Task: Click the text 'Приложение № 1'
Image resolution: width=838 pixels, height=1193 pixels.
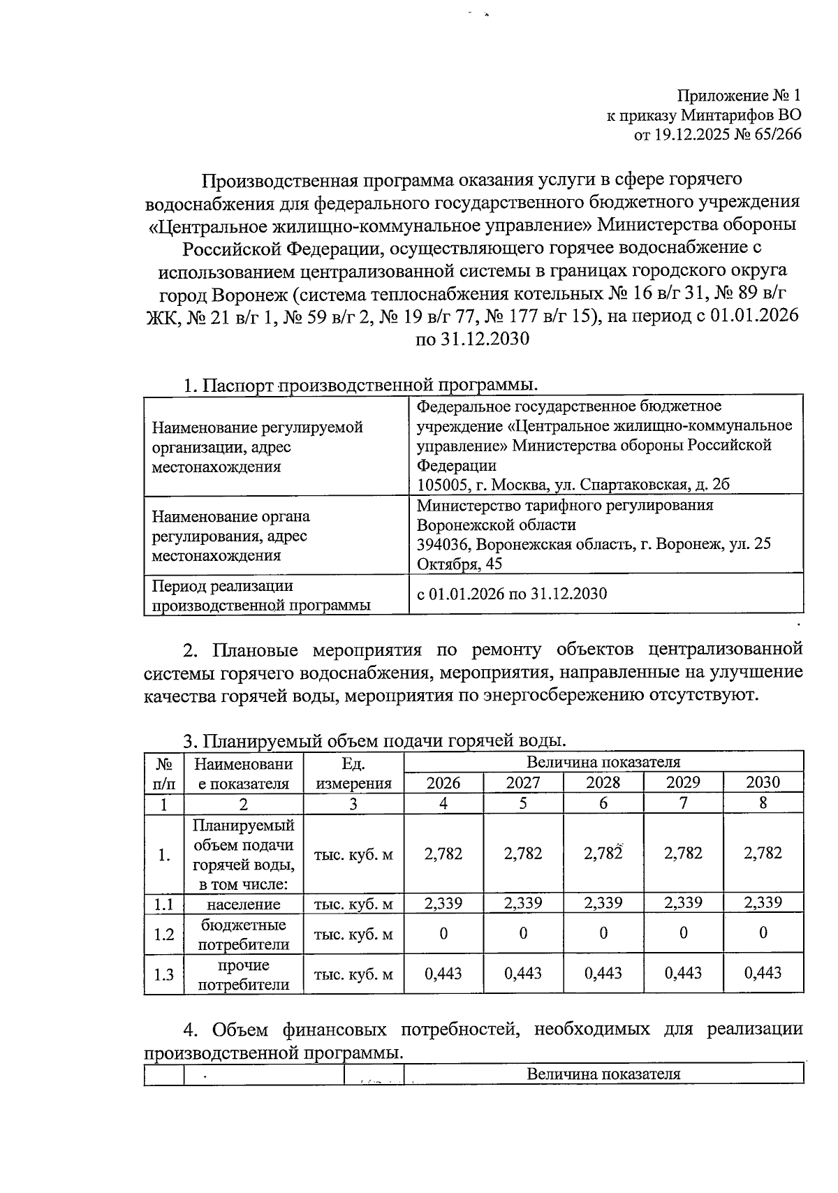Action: tap(739, 96)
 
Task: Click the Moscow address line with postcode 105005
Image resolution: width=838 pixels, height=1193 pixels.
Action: tap(573, 485)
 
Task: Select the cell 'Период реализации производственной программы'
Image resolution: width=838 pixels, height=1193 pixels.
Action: tap(261, 596)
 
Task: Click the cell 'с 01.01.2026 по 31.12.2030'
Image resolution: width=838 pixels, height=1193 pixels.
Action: tap(512, 594)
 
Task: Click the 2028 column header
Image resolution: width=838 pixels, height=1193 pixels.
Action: tap(603, 782)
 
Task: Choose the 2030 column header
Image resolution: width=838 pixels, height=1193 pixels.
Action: tap(763, 782)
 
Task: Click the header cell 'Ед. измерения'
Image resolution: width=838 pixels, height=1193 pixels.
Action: tap(353, 773)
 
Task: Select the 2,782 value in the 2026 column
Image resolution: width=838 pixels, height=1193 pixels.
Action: tap(443, 854)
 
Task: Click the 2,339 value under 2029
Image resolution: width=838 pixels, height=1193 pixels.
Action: tap(683, 903)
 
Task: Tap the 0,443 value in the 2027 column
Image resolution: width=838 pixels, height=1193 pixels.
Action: tap(523, 973)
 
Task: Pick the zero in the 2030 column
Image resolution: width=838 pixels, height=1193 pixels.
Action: tap(763, 933)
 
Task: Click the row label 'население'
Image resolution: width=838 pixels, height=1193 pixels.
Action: tap(244, 905)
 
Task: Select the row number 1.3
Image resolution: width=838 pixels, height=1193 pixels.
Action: tap(163, 974)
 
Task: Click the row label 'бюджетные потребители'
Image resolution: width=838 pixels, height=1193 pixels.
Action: tap(244, 935)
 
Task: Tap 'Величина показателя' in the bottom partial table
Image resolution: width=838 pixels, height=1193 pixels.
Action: tap(603, 1074)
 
